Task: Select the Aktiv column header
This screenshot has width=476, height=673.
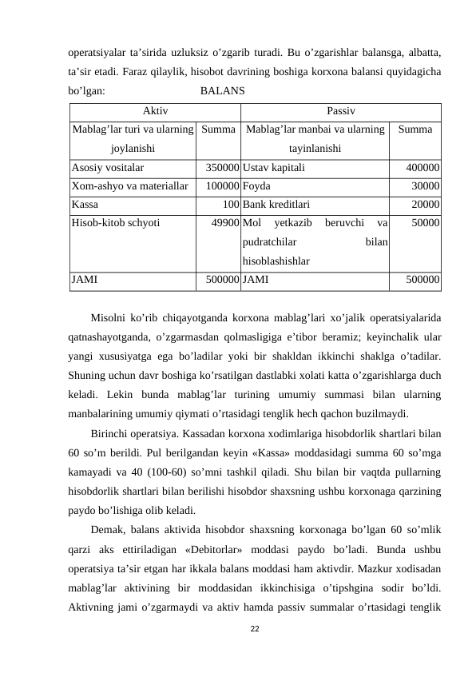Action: pyautogui.click(x=155, y=110)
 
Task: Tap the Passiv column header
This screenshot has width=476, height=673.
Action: pyautogui.click(x=341, y=110)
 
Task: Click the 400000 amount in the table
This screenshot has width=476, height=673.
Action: pyautogui.click(x=422, y=169)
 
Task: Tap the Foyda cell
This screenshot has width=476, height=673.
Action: pyautogui.click(x=256, y=185)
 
